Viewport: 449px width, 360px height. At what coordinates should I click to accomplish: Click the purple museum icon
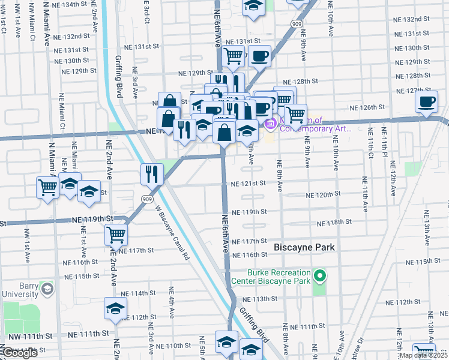coord(270,124)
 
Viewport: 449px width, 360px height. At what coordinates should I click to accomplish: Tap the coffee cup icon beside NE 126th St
coord(427,102)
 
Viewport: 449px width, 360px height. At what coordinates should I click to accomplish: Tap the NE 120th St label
coord(324,195)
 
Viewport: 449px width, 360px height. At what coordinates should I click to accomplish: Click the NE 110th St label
coord(173,346)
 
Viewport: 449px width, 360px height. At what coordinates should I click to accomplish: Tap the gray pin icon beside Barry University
coord(47,290)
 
